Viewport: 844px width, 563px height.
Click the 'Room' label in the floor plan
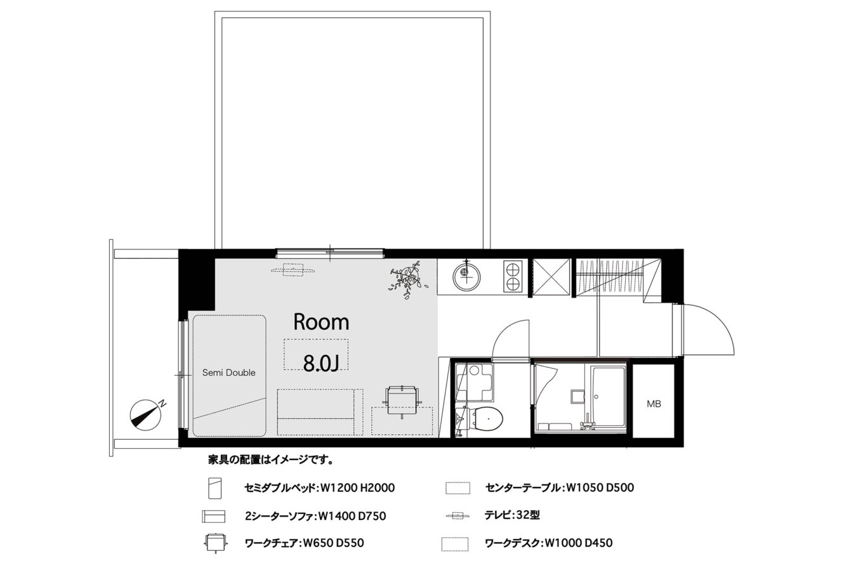pos(321,322)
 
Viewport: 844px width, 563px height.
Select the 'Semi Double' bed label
pos(228,373)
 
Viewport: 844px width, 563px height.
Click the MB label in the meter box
pos(654,404)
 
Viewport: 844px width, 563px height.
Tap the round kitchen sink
pos(467,276)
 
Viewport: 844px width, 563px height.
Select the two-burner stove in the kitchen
pos(513,276)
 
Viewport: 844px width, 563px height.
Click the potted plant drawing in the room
pos(408,278)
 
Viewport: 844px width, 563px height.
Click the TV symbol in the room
pos(293,270)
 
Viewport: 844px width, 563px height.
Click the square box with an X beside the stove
pos(551,277)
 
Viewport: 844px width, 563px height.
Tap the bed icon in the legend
pos(214,488)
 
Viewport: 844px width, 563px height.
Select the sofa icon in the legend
pos(214,516)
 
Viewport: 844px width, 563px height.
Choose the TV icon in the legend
pos(458,515)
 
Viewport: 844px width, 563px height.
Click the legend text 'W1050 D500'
pos(600,487)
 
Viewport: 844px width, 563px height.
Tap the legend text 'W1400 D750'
pos(352,516)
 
